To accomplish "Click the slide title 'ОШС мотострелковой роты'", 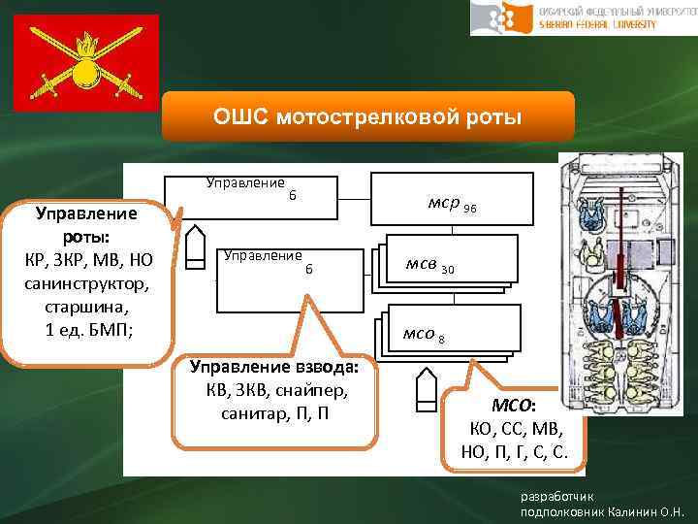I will click(367, 117).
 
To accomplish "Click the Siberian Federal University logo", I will click(583, 17).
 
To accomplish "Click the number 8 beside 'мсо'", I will click(441, 339).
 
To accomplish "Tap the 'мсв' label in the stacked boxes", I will click(424, 267).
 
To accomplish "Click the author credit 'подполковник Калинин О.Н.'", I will click(602, 510).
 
